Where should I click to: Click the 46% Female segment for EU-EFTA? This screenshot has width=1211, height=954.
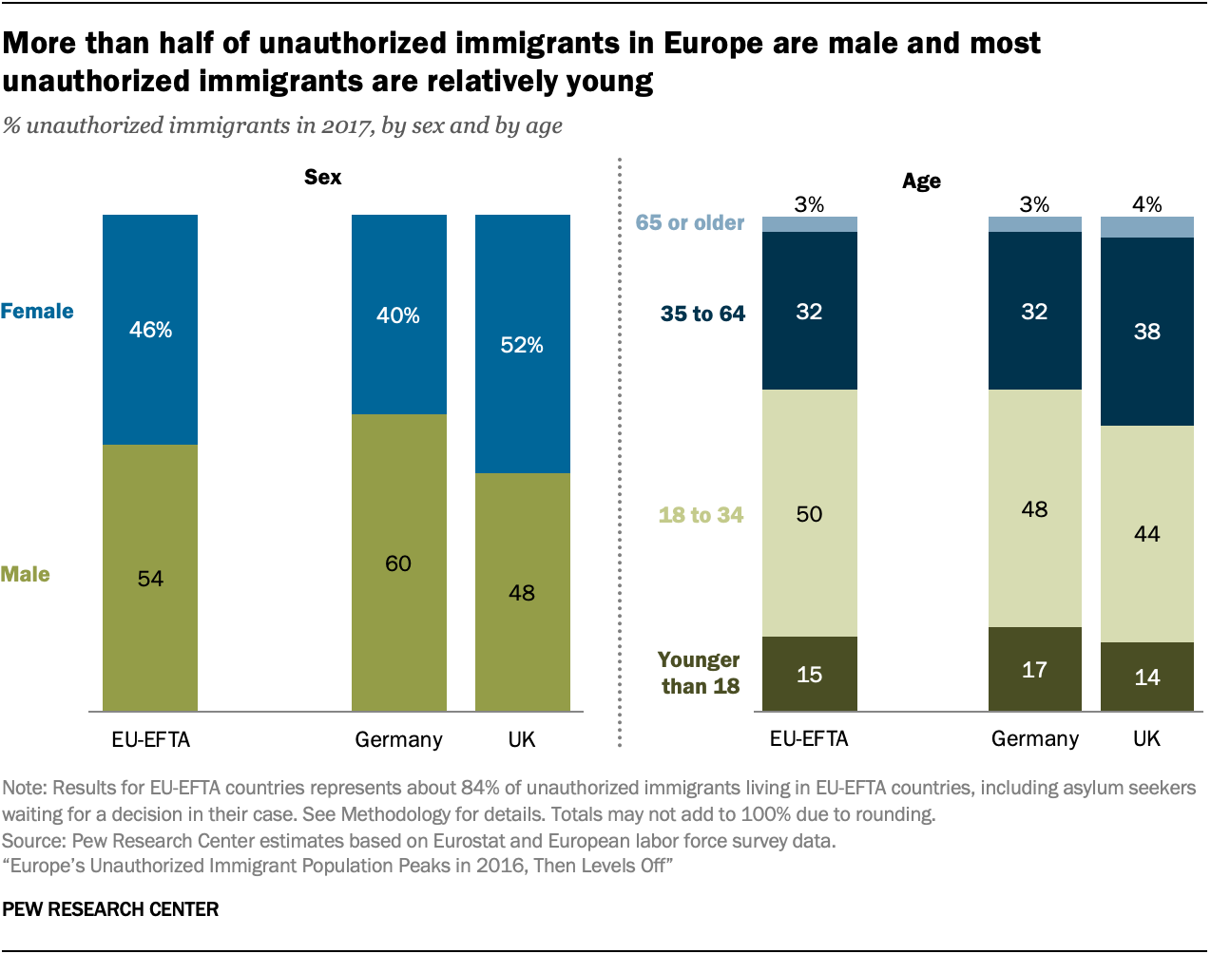click(150, 330)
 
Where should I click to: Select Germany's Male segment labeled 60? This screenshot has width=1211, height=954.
click(398, 563)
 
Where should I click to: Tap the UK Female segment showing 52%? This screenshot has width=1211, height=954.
click(522, 344)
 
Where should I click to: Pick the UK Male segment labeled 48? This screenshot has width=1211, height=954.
click(522, 592)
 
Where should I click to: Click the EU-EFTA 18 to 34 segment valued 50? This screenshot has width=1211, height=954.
click(809, 513)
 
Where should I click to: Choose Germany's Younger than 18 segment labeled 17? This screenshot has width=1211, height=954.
click(1034, 669)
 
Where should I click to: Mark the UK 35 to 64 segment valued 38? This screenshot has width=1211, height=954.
click(1146, 331)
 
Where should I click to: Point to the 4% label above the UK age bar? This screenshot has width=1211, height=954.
click(1146, 204)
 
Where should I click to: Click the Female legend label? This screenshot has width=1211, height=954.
click(37, 311)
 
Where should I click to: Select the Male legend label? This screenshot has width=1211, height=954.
click(26, 574)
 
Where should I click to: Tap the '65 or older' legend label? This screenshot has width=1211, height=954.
click(690, 222)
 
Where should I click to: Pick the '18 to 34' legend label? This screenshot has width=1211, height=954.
click(701, 515)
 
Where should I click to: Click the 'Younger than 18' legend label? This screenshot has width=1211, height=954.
click(699, 673)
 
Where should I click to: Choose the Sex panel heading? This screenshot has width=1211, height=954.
click(322, 177)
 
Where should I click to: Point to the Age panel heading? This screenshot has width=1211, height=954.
click(921, 181)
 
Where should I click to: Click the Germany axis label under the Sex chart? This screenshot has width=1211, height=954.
click(398, 739)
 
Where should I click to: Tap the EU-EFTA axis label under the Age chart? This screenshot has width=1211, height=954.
click(809, 738)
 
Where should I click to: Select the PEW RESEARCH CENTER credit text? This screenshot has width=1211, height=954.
click(110, 909)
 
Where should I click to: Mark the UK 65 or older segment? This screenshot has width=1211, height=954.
click(1146, 227)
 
